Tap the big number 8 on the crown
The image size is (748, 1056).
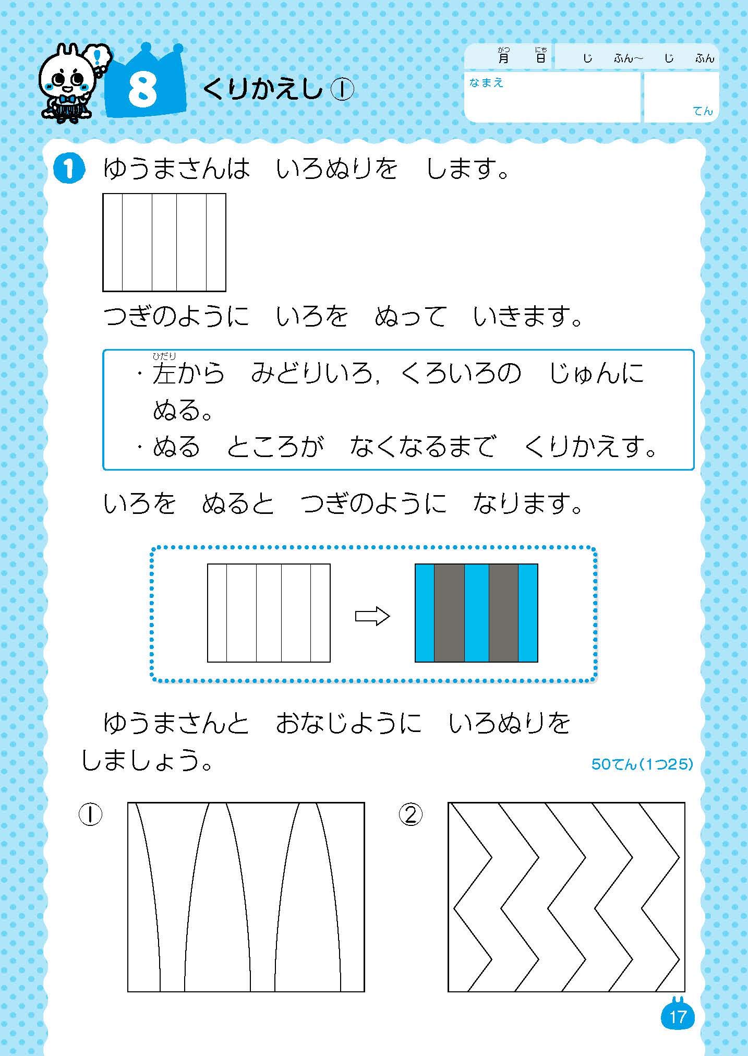(142, 89)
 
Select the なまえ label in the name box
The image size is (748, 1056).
(486, 83)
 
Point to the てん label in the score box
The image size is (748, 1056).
(703, 111)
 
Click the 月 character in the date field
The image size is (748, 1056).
(503, 57)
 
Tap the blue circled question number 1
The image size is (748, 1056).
(69, 170)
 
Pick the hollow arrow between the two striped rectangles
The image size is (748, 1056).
(372, 616)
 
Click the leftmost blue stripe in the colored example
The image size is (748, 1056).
(425, 613)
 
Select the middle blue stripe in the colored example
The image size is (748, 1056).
(476, 613)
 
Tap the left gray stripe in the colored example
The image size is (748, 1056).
(449, 613)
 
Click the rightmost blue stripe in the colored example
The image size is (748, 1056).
(528, 613)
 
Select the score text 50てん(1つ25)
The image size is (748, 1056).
(642, 764)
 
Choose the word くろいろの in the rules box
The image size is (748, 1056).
(461, 374)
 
